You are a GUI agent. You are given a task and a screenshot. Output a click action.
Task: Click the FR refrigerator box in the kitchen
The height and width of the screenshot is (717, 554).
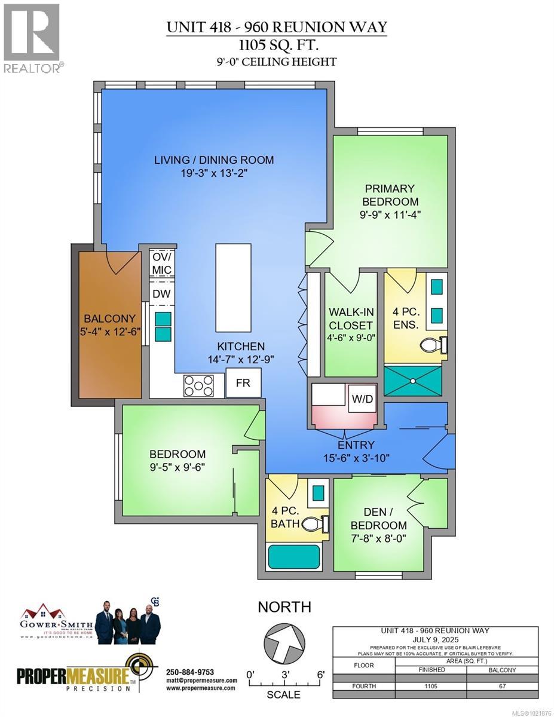click(x=243, y=383)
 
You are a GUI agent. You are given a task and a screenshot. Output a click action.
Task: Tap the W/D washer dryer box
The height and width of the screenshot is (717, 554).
click(x=362, y=399)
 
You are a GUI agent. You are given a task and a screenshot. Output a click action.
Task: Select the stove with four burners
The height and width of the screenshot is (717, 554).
click(x=198, y=385)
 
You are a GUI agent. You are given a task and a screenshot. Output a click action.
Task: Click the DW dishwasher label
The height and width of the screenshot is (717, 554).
click(x=160, y=294)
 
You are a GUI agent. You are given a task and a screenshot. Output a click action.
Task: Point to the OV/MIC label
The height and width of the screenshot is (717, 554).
click(x=161, y=263)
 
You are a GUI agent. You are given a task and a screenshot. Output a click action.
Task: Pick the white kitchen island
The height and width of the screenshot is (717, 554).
click(x=232, y=287)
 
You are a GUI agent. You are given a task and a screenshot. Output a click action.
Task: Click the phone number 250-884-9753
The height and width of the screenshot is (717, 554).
click(x=189, y=672)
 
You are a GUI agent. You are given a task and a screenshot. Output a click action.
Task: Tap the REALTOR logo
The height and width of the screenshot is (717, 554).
click(x=32, y=38)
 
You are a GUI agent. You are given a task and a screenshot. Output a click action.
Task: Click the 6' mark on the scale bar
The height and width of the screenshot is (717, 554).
click(x=320, y=675)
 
